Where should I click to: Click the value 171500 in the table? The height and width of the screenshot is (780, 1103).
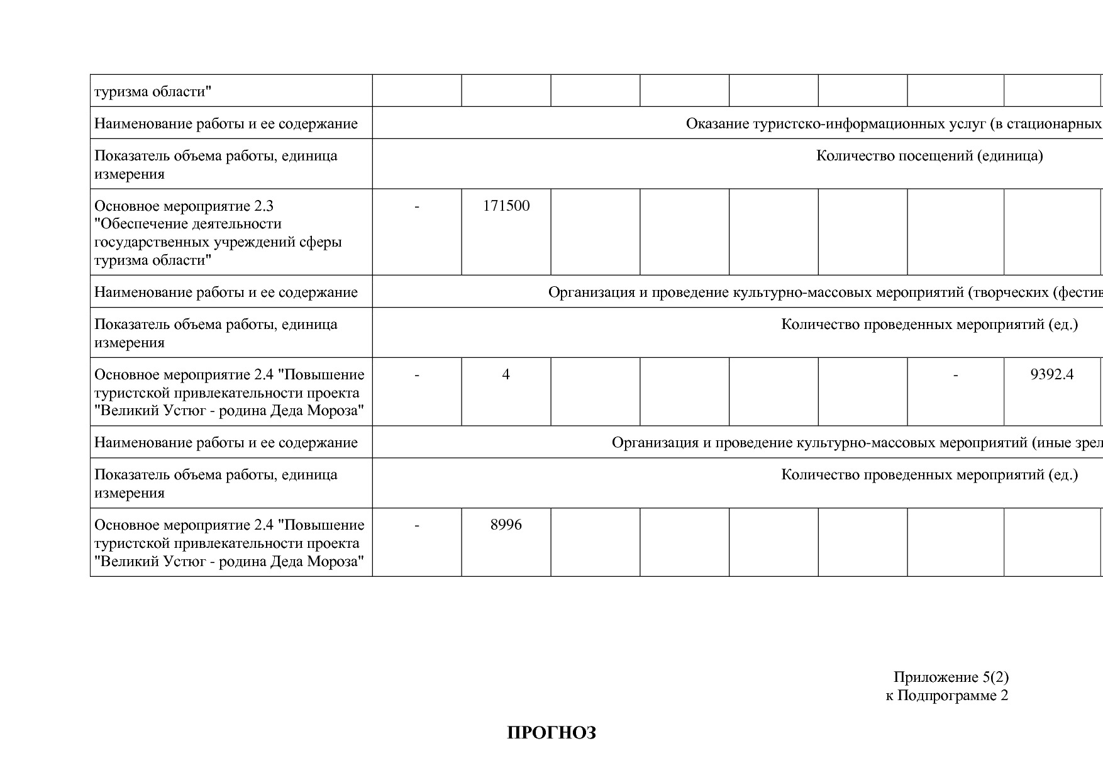click(506, 206)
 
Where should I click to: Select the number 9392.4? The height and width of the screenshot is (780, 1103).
click(1051, 375)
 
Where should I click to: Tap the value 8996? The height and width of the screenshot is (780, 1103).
click(506, 525)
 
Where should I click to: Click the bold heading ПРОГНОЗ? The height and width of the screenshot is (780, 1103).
click(551, 733)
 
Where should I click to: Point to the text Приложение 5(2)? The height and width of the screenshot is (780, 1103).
click(951, 677)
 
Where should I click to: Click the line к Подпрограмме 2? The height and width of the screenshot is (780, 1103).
click(946, 695)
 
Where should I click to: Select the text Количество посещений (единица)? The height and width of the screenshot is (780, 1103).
click(929, 155)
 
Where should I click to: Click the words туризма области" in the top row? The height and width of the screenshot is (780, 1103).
click(153, 92)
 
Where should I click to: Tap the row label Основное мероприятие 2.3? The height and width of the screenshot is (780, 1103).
click(184, 206)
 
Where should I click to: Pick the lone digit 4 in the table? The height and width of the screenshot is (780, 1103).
click(506, 375)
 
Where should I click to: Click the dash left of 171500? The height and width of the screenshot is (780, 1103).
click(417, 206)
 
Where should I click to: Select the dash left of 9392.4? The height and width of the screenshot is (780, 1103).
click(955, 375)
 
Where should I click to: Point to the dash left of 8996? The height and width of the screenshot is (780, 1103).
click(417, 525)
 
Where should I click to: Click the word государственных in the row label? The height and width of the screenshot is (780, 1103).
click(148, 242)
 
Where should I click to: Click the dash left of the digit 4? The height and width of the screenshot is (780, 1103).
click(417, 375)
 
